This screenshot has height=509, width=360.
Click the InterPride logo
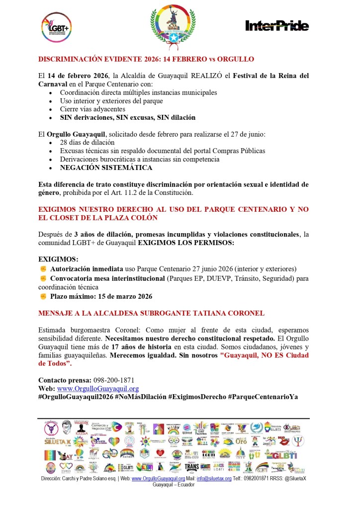(x=277, y=26)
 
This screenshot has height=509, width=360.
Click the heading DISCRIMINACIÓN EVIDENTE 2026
(x=146, y=59)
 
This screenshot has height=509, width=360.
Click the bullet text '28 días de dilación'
(x=88, y=143)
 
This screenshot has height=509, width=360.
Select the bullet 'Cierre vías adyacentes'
(x=92, y=109)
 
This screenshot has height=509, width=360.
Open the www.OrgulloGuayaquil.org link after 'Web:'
(x=98, y=389)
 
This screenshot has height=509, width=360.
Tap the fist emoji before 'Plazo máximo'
(x=43, y=296)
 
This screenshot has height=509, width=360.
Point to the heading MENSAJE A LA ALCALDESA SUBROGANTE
(x=151, y=313)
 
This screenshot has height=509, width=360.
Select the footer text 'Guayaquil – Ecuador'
(x=174, y=485)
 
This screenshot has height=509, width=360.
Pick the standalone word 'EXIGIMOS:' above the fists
(x=58, y=259)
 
